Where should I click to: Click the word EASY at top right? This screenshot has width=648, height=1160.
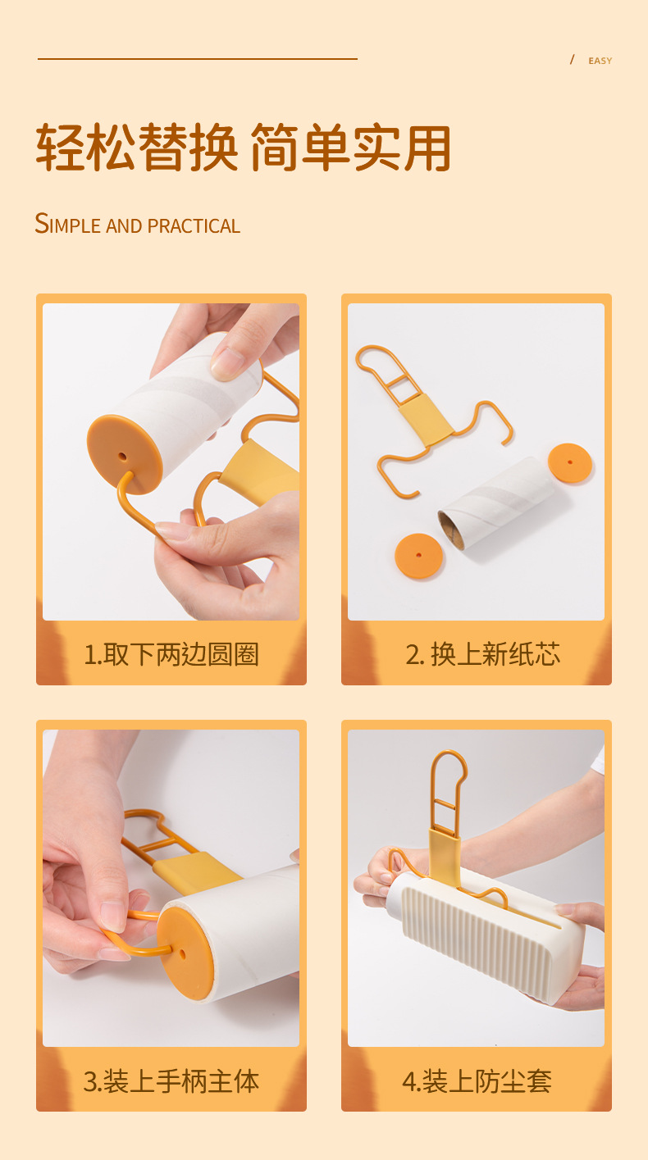click(600, 61)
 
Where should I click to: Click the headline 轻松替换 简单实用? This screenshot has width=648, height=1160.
click(243, 148)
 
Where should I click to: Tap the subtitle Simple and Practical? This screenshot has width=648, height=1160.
click(137, 224)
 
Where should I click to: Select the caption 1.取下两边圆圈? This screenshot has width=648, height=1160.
click(171, 654)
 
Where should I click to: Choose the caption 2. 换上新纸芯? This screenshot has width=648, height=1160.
click(483, 654)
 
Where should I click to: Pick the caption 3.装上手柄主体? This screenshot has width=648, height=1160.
click(171, 1080)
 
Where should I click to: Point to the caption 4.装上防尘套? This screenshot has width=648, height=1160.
click(477, 1080)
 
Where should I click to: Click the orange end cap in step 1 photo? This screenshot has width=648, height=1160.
click(124, 454)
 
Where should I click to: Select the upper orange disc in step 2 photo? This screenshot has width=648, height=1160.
click(569, 463)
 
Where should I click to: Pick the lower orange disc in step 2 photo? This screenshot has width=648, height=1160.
click(418, 556)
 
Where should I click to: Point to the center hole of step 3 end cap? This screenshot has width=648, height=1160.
click(181, 955)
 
